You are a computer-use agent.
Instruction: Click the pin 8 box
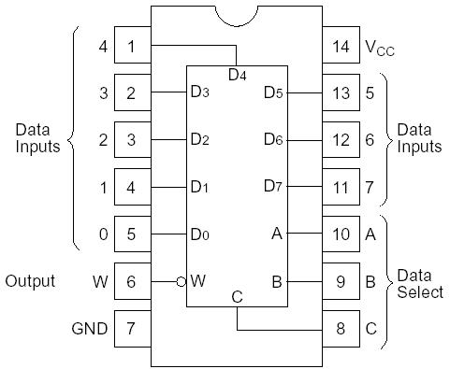click(x=341, y=328)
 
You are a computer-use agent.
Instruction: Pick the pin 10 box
click(x=341, y=234)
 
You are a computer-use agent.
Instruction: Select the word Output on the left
click(x=30, y=280)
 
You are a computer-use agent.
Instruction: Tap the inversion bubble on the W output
click(x=181, y=280)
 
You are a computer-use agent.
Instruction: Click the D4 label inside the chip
click(x=238, y=74)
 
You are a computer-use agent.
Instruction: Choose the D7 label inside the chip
click(x=272, y=187)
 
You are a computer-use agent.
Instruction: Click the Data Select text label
click(x=419, y=284)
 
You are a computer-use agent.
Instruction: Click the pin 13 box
click(x=341, y=92)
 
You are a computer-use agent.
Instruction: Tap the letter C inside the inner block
click(x=237, y=297)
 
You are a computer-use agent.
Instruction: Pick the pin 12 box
click(x=341, y=139)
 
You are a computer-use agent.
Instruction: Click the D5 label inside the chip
click(x=272, y=92)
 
